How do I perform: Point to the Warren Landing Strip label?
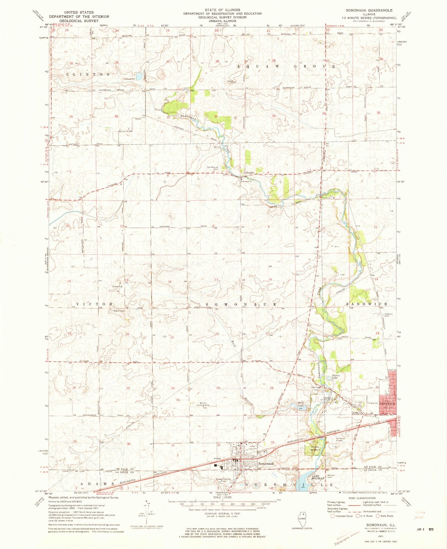pos(203,404)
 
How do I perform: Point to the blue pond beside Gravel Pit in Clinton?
pos(139,76)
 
